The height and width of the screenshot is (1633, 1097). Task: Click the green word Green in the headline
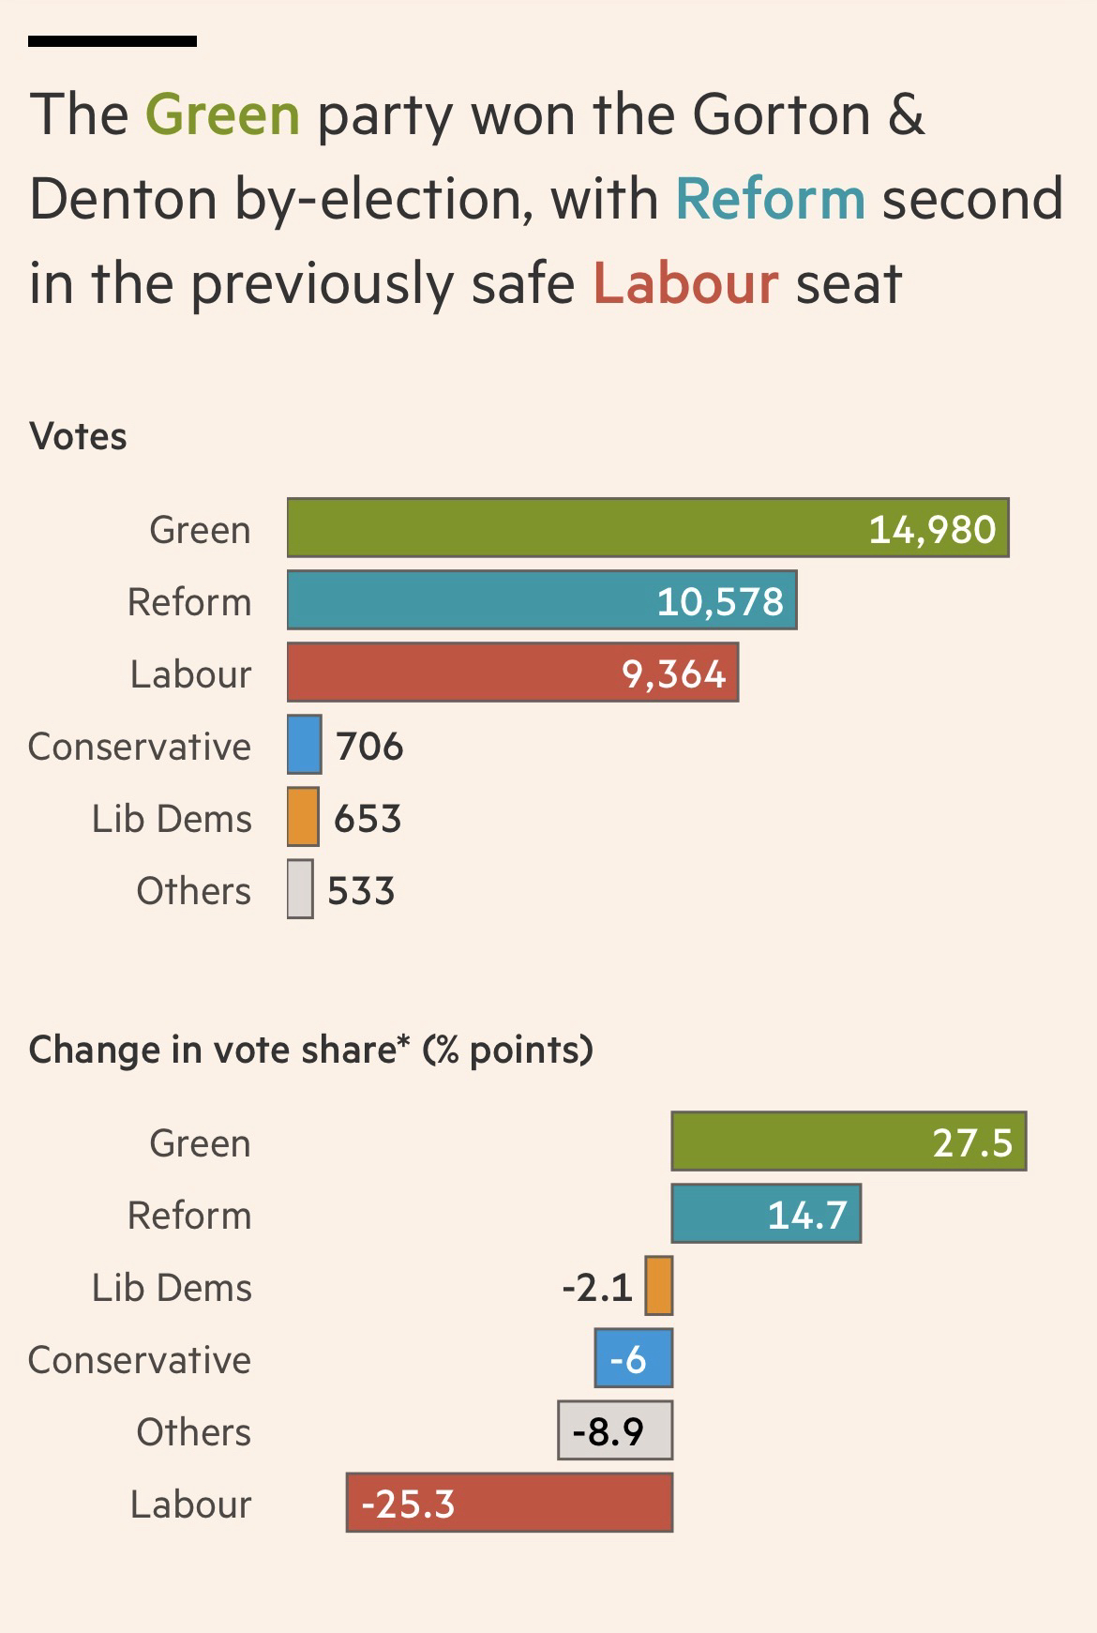coord(222,115)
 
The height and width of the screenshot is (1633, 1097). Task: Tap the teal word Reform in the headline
coord(770,199)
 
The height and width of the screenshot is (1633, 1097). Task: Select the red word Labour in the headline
coord(685,283)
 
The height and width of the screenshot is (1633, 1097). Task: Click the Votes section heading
coord(78,436)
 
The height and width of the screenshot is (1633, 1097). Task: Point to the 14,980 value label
coord(932,530)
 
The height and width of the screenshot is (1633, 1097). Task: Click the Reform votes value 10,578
coord(719,601)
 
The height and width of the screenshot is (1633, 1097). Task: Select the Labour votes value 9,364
coord(673,673)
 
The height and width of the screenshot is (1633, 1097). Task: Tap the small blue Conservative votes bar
coord(304,745)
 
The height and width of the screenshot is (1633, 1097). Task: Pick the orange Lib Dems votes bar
coord(303,817)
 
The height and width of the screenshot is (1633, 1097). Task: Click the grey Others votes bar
coord(300,889)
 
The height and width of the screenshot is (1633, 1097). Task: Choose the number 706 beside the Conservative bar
coord(369,747)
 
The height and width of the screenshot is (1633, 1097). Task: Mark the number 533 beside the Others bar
coord(361,891)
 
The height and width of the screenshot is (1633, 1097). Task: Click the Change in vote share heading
coord(310,1050)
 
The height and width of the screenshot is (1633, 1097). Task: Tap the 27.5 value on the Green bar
coord(972,1142)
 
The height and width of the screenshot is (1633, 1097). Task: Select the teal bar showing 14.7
coord(766,1214)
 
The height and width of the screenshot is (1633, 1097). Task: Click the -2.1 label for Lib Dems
coord(597,1288)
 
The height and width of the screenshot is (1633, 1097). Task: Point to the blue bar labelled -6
coord(634,1358)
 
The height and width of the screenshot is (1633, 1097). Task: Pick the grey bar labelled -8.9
coord(615,1430)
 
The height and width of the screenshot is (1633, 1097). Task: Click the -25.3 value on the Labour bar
coord(408,1504)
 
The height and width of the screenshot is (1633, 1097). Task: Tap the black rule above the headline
coord(113,41)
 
